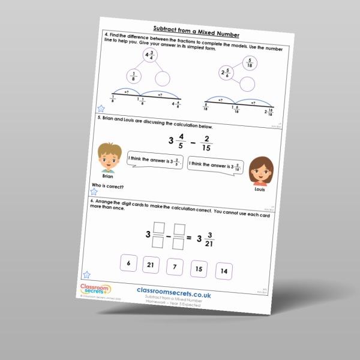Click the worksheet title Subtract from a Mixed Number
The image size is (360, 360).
(x=196, y=29)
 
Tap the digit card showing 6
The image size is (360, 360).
(x=130, y=263)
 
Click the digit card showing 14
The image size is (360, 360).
(x=224, y=271)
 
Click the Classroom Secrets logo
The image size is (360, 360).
(x=95, y=290)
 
